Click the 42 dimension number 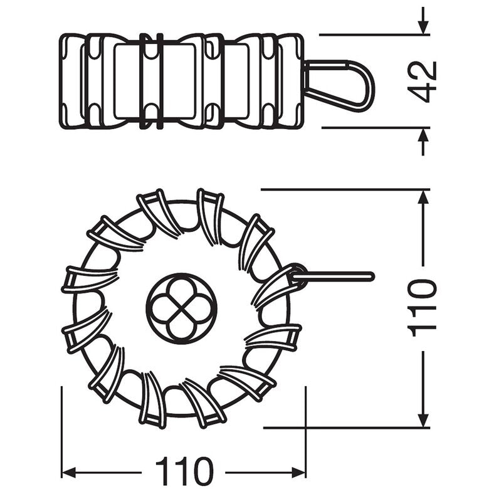pos(423,81)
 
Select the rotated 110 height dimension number pos(423,308)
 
